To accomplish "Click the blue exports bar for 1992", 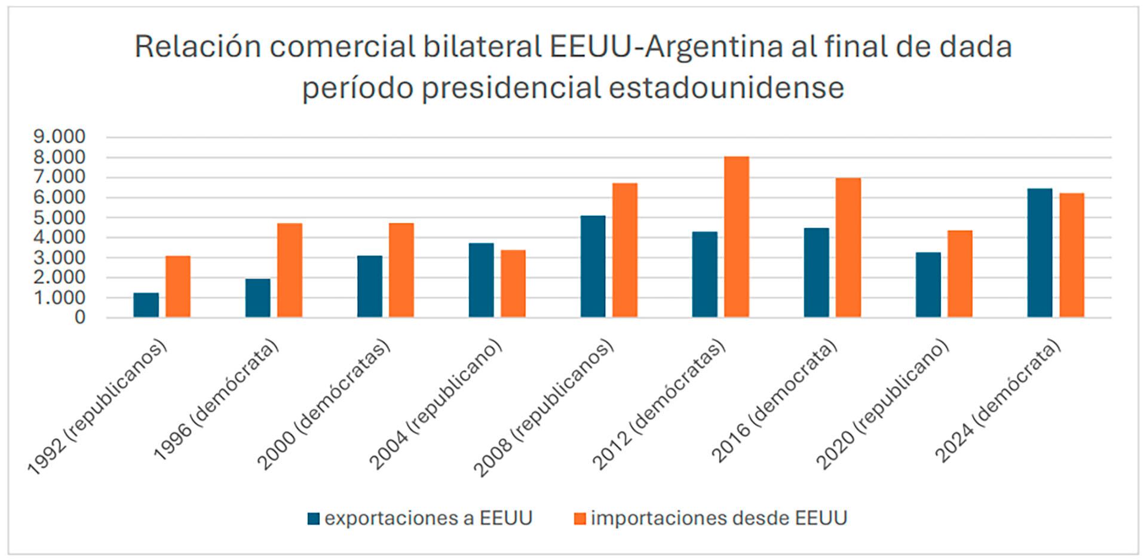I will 146,305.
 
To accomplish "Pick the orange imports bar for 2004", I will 513,283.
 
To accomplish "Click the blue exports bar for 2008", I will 593,267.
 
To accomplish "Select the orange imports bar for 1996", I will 290,270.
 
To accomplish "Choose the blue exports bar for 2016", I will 816,273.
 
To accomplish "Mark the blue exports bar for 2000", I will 370,286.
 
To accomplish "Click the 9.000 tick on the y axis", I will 60,137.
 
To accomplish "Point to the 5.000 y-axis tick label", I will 60,218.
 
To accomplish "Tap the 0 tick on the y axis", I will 80,317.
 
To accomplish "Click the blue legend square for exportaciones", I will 314,518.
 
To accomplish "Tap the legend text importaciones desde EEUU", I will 719,518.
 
